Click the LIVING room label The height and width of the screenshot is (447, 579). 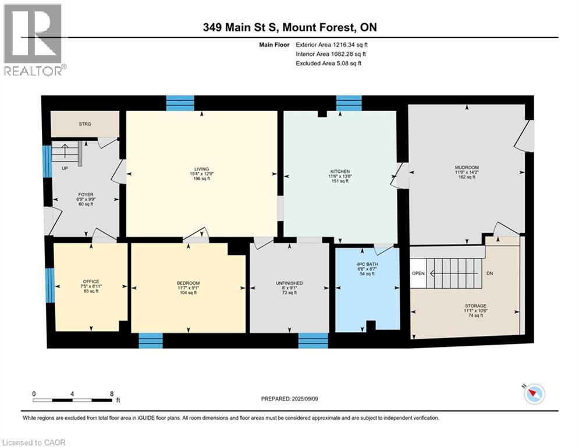click(201, 169)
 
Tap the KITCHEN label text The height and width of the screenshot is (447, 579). click(340, 172)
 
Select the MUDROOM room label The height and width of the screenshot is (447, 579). click(467, 168)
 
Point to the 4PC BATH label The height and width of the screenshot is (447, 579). click(367, 264)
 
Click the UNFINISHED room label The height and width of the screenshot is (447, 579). click(289, 283)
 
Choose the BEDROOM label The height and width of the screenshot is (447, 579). click(188, 283)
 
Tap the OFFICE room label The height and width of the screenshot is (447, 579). click(91, 282)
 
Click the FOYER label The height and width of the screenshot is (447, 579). click(86, 194)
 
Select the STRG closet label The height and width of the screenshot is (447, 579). click(85, 124)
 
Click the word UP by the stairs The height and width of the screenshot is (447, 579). click(65, 168)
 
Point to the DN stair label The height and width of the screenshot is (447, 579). click(489, 274)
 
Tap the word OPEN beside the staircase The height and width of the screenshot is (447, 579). click(418, 274)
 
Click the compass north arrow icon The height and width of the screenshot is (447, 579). click(534, 394)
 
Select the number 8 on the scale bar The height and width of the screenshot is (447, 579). click(112, 394)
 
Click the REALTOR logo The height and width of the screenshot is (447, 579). click(34, 40)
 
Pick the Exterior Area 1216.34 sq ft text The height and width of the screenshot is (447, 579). click(332, 45)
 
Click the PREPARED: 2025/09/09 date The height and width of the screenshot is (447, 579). click(290, 399)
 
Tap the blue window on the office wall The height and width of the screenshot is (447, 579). click(49, 285)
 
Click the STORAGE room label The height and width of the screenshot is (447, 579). click(475, 306)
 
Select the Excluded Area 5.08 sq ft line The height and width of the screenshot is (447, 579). click(329, 63)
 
